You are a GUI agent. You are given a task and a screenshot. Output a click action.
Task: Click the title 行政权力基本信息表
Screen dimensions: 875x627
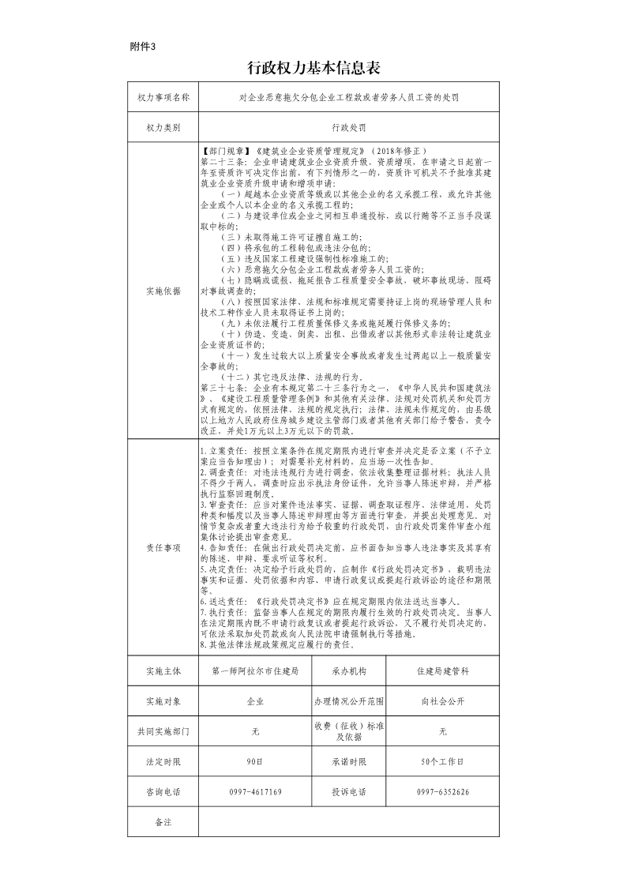313,69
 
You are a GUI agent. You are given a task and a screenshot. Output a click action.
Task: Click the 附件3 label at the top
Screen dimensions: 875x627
143,46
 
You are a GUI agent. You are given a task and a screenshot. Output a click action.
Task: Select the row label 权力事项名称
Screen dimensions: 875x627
163,98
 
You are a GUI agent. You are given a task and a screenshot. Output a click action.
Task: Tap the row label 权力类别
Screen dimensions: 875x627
163,126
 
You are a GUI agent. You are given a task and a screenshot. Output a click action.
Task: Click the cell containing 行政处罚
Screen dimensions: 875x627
348,126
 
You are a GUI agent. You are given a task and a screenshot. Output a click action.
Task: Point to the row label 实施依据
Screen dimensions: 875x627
163,291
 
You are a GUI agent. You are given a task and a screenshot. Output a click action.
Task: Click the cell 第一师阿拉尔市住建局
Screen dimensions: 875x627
255,671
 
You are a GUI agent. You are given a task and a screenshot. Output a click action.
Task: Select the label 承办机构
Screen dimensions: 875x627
348,671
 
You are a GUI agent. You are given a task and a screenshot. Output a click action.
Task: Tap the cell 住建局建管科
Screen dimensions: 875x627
442,671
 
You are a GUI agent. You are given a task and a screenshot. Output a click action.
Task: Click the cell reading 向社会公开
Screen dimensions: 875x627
442,701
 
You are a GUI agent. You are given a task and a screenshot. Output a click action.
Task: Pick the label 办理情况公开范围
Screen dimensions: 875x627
348,701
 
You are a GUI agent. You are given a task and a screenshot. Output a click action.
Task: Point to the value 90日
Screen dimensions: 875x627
255,762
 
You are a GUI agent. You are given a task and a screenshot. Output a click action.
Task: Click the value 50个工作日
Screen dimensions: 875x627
442,762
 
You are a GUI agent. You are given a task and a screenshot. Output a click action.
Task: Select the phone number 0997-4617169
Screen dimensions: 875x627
255,792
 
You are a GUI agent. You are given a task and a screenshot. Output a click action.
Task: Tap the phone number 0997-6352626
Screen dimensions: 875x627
442,792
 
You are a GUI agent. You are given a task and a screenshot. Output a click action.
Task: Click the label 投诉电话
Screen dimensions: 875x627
348,792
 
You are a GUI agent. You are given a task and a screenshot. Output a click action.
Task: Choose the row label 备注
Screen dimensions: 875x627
163,822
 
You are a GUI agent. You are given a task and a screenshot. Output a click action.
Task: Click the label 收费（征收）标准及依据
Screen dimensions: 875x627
348,731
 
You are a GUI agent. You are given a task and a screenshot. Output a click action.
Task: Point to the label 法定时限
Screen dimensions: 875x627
163,762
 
